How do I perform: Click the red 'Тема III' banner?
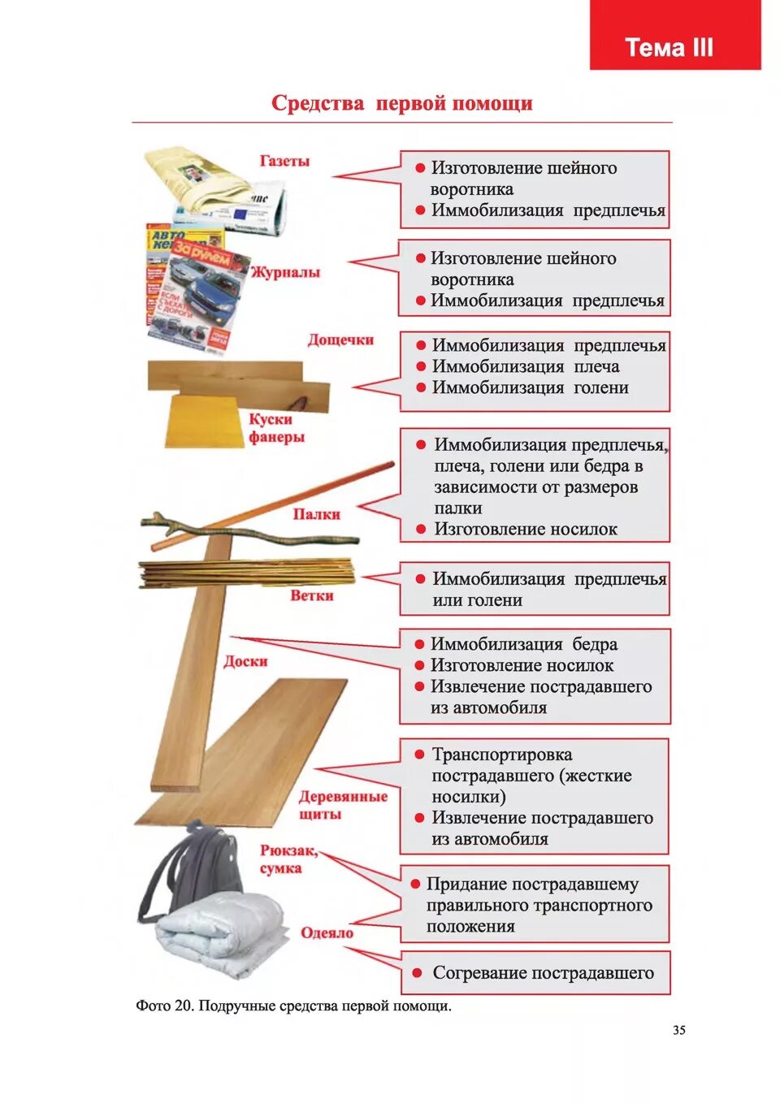click(674, 37)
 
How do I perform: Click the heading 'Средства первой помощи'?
click(401, 103)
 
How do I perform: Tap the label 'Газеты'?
click(284, 161)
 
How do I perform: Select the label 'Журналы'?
click(285, 272)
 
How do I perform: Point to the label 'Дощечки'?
click(340, 340)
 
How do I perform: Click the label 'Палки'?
click(316, 514)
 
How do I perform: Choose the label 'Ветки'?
click(312, 595)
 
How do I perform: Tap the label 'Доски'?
click(245, 661)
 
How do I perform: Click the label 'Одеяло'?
click(327, 932)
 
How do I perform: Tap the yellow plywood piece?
click(203, 421)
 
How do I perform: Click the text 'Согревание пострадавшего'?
click(543, 972)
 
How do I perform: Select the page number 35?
click(678, 1030)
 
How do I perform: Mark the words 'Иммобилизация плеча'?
click(525, 366)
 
